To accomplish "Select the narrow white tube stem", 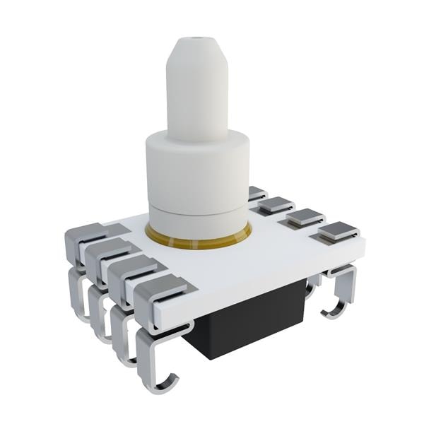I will (x=197, y=106).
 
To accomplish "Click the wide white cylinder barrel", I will (x=198, y=173).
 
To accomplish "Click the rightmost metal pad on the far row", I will (x=338, y=230).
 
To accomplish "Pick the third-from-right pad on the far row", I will (x=276, y=205).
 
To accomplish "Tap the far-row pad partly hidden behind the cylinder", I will (x=257, y=193).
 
